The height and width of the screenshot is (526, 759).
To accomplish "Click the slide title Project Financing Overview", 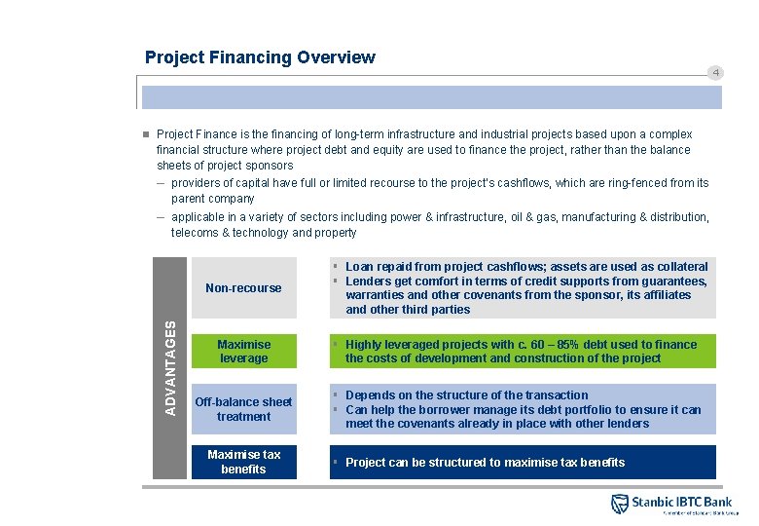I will (260, 57).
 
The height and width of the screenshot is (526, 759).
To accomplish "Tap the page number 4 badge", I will (714, 73).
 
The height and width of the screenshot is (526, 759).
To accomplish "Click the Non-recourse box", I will (243, 287).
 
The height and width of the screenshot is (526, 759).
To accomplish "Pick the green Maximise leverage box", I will (243, 351).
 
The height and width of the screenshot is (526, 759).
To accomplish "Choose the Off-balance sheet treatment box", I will (243, 409).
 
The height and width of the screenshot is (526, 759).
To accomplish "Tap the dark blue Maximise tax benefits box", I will (243, 462).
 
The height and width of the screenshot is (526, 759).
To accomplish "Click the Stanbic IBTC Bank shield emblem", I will (620, 504).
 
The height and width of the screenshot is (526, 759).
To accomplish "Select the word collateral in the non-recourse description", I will (677, 266).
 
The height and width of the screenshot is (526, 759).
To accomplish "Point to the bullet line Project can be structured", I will (485, 462).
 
